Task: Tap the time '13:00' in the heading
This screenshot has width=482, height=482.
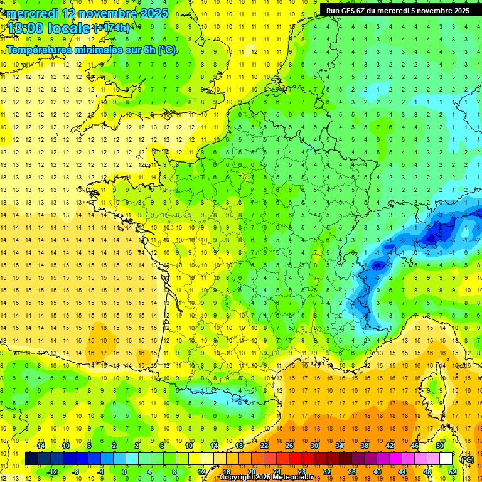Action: [x=23, y=28]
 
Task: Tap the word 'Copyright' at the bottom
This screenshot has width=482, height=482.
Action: [x=238, y=478]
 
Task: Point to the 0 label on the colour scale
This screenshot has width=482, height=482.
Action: [x=124, y=472]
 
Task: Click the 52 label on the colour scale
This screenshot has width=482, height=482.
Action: [x=453, y=472]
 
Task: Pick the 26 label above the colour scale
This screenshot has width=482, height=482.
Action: [x=289, y=446]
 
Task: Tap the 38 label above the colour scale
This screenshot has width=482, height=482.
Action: [x=365, y=446]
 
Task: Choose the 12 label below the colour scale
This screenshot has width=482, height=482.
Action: [x=201, y=472]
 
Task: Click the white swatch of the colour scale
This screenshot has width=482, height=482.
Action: [x=446, y=459]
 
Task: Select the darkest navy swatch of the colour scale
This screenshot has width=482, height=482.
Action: [x=31, y=459]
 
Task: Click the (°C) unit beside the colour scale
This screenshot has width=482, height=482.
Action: [x=467, y=459]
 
